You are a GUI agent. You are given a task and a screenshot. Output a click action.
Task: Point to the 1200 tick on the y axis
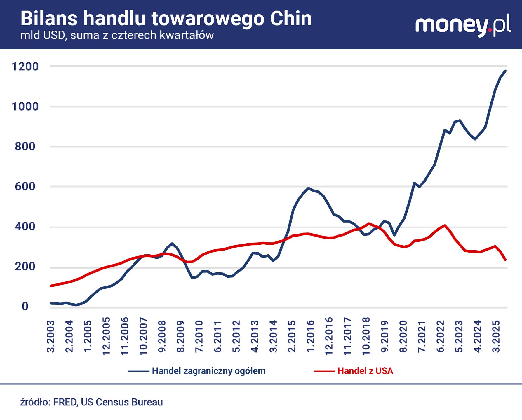25,66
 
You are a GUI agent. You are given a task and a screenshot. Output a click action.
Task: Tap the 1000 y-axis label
25,106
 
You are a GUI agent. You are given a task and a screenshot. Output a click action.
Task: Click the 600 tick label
25,186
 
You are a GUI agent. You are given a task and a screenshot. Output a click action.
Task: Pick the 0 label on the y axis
25,306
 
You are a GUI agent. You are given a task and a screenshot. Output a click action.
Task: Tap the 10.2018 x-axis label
366,336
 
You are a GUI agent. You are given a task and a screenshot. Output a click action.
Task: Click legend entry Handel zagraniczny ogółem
209,371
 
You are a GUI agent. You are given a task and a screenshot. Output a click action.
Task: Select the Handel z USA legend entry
365,371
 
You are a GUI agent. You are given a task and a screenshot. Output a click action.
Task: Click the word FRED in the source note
65,402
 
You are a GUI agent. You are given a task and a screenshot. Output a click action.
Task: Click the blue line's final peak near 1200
505,71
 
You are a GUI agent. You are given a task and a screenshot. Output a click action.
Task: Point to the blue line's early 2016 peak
308,188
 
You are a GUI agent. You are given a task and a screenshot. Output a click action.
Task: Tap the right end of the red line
505,260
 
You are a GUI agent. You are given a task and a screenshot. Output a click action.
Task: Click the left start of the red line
51,286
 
